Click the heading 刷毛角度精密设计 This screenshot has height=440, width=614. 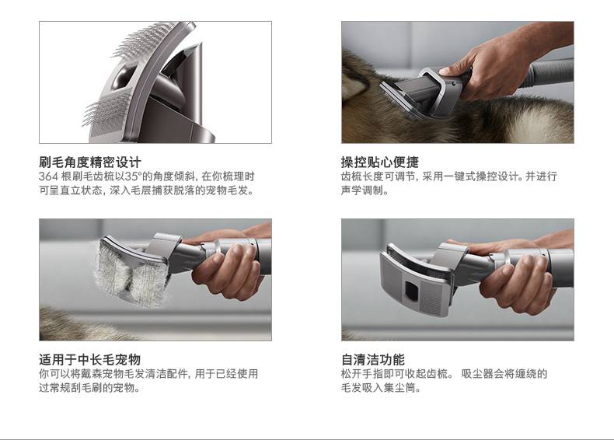pyautogui.click(x=89, y=162)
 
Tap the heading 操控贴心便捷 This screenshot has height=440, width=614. pyautogui.click(x=380, y=162)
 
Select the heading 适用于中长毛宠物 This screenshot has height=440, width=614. pyautogui.click(x=89, y=359)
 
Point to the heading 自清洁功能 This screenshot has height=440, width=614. pyautogui.click(x=373, y=359)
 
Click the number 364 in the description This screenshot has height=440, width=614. pyautogui.click(x=48, y=176)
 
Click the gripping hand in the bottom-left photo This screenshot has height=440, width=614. pyautogui.click(x=227, y=271)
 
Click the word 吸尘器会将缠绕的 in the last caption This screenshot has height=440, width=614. pyautogui.click(x=504, y=374)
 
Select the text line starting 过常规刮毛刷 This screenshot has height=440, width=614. pyautogui.click(x=89, y=388)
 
